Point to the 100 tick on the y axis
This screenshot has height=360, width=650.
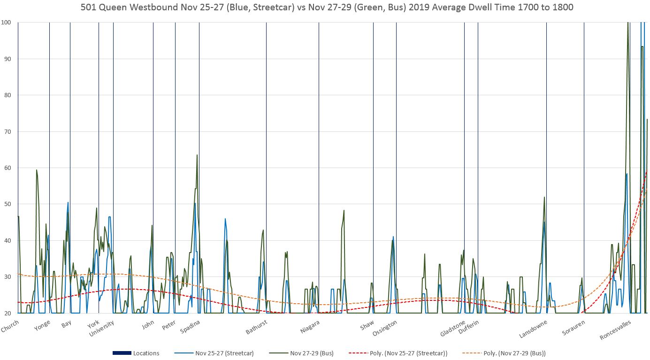pyautogui.click(x=6, y=23)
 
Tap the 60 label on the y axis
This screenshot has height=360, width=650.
pyautogui.click(x=8, y=168)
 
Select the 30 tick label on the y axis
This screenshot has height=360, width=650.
pyautogui.click(x=8, y=276)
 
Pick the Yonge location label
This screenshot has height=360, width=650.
pyautogui.click(x=42, y=325)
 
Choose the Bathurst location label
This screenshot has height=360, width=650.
pyautogui.click(x=257, y=327)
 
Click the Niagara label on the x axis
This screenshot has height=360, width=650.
pyautogui.click(x=310, y=327)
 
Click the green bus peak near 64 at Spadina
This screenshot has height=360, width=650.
pyautogui.click(x=197, y=155)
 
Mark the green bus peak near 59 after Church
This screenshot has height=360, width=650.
pyautogui.click(x=37, y=170)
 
